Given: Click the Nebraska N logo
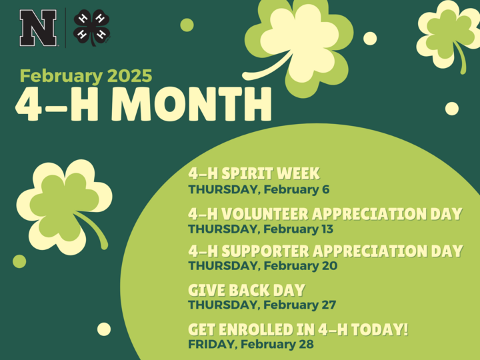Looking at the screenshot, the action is pos(38,28).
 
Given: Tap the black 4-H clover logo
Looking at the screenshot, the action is pos(92,27).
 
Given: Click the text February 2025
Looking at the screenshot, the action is pos(86,75).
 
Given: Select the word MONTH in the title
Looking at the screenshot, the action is pos(191,103).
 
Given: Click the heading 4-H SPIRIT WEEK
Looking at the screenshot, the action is pos(254,173).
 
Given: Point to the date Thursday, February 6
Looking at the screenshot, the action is pos(259,189).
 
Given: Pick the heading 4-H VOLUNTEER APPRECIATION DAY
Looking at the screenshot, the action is pos(325,214).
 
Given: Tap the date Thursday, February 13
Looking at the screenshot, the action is pos(261,229).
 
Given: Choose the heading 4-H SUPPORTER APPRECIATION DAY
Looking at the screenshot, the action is pos(325,251).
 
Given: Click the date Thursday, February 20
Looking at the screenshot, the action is pos(263,266).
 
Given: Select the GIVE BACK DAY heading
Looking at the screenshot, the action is pos(247,290).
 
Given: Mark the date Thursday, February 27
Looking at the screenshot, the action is pos(262,305).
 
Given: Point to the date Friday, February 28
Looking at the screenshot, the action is pos(251,344).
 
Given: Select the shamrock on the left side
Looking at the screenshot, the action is pos(64,207).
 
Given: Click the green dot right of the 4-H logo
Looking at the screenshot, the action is pos(187,25).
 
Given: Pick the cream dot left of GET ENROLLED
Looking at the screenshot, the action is pos(104,329).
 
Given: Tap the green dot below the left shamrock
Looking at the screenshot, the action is pos(19,261).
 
